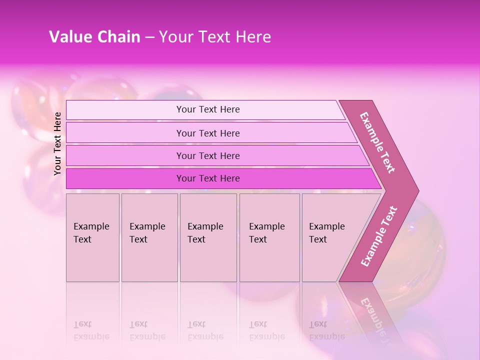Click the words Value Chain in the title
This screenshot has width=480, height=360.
point(94,37)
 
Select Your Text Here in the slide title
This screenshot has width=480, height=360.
point(215,37)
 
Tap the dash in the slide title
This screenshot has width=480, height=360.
point(149,37)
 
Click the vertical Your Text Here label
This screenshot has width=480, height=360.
point(57,143)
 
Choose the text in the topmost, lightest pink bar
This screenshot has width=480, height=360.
point(208,109)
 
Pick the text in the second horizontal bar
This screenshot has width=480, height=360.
point(208,133)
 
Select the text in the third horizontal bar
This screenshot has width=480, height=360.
point(208,156)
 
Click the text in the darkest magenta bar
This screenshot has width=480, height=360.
point(208,178)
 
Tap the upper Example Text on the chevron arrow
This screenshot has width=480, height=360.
point(377,142)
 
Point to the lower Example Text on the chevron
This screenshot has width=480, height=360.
point(379,236)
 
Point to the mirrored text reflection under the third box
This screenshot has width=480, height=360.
point(205,330)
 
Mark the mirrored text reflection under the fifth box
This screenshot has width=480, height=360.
point(326,330)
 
